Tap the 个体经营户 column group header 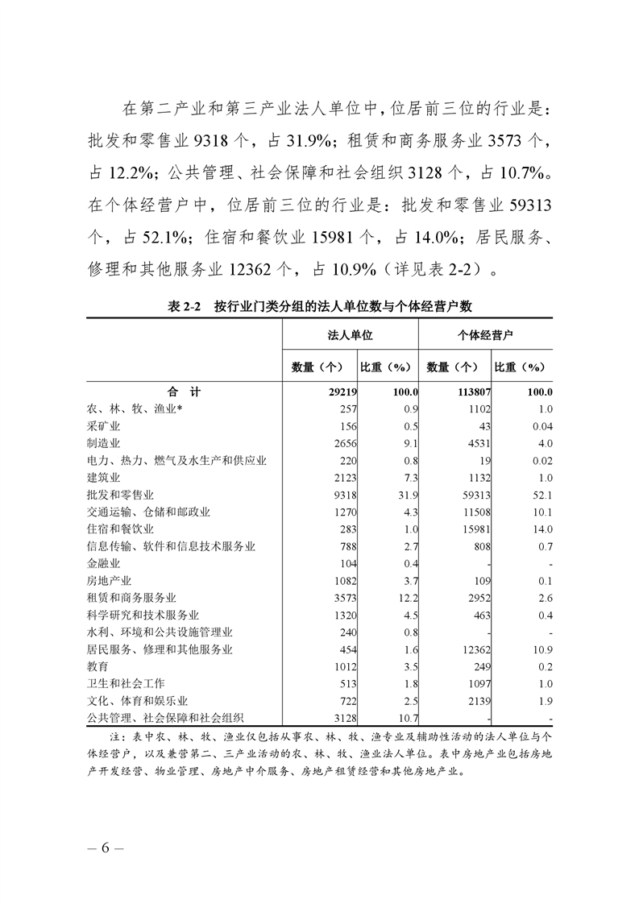coord(485,334)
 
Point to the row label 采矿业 coord(103,425)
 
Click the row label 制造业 coord(103,443)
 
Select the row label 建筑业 coord(103,477)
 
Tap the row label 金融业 coord(103,563)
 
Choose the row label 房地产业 coord(109,580)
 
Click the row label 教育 coord(98,666)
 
